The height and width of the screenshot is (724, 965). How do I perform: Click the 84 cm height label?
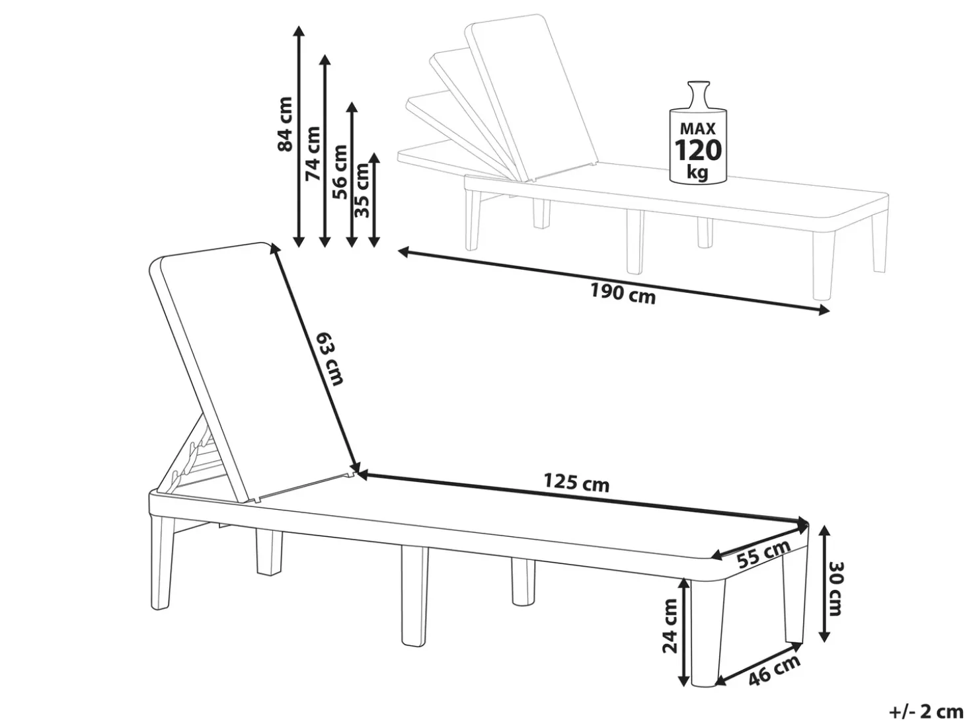pyautogui.click(x=286, y=124)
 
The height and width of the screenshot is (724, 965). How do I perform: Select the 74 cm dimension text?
pyautogui.click(x=313, y=154)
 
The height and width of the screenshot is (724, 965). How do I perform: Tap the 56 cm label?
pyautogui.click(x=340, y=173)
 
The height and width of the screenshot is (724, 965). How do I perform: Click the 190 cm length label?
pyautogui.click(x=623, y=294)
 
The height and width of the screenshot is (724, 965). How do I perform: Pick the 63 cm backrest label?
pyautogui.click(x=330, y=359)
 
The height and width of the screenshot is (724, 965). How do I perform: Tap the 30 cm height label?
pyautogui.click(x=834, y=588)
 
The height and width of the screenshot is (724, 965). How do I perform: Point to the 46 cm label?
pyautogui.click(x=775, y=671)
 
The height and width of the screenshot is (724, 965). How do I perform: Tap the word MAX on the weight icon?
pyautogui.click(x=698, y=128)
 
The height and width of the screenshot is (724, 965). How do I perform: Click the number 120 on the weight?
pyautogui.click(x=698, y=150)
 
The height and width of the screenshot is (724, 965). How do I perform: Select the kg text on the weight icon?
pyautogui.click(x=698, y=173)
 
